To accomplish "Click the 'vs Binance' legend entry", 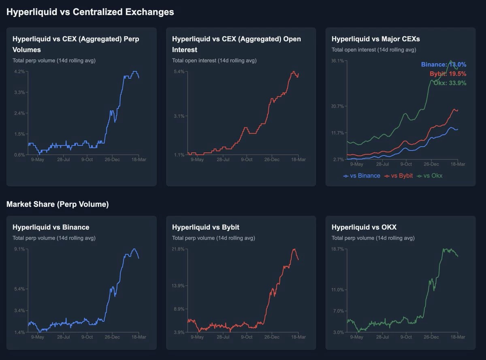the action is (x=362, y=176).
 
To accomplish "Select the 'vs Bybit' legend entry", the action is (x=399, y=176).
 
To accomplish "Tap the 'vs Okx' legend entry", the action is (x=429, y=176).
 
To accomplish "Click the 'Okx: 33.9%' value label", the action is (x=450, y=83).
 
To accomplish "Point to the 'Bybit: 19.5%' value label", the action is (x=448, y=74).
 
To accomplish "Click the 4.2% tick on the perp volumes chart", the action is (x=19, y=71).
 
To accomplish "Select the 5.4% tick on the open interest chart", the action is (x=179, y=71).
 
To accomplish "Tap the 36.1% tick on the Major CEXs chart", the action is (x=337, y=61).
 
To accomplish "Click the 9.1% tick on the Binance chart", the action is (x=19, y=249).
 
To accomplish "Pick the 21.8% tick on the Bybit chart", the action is (x=178, y=249).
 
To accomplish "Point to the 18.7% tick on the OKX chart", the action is (x=337, y=249).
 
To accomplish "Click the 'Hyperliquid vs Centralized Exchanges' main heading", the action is (x=90, y=12).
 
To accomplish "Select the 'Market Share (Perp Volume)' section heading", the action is (x=58, y=204).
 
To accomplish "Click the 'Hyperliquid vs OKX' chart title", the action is (x=364, y=227).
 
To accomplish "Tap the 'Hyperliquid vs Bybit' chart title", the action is (x=205, y=227).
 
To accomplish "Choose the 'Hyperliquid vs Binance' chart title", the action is (x=51, y=227).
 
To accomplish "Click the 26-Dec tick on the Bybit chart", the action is (x=272, y=337).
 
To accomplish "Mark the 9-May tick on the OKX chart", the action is (x=356, y=337).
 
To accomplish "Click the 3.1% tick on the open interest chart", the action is (x=179, y=116).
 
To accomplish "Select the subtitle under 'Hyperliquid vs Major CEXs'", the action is (x=374, y=50).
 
